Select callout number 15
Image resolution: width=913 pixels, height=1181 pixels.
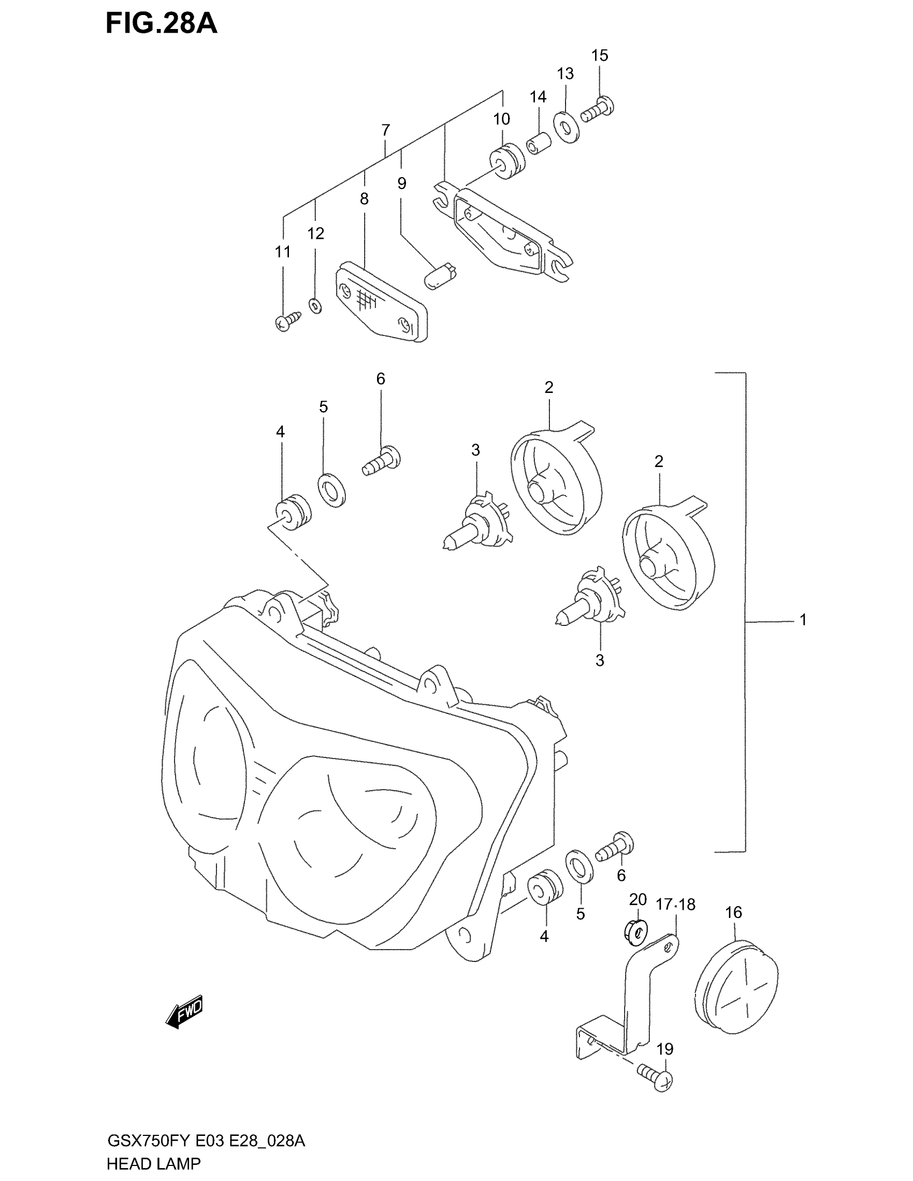[599, 55]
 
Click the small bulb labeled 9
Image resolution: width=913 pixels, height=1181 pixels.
[440, 274]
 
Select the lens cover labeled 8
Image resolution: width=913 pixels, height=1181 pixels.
[381, 302]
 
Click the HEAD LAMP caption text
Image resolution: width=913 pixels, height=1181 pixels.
[153, 1163]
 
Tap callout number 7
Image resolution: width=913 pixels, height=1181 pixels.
[385, 130]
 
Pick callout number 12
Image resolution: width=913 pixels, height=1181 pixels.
[316, 233]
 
